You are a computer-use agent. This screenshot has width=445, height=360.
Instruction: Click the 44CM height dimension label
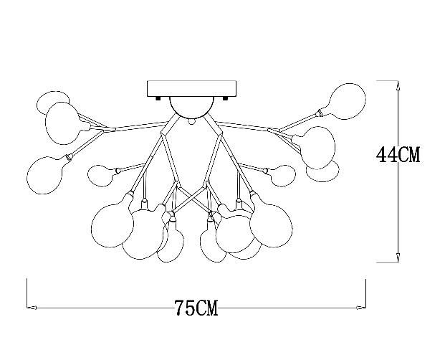tap(399, 154)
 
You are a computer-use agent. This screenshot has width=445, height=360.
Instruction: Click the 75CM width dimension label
tap(196, 309)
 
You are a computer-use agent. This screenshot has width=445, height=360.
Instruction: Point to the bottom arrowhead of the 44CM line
tap(398, 258)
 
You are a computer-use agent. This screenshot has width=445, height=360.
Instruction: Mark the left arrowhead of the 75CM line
tap(32, 308)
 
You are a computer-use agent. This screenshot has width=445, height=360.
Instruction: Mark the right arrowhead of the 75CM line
tap(362, 308)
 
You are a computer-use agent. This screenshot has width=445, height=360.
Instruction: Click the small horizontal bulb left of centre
tap(102, 173)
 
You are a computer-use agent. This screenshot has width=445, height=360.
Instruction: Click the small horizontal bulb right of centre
tap(282, 174)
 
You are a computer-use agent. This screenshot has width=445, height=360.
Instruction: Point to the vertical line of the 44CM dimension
tap(398, 208)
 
